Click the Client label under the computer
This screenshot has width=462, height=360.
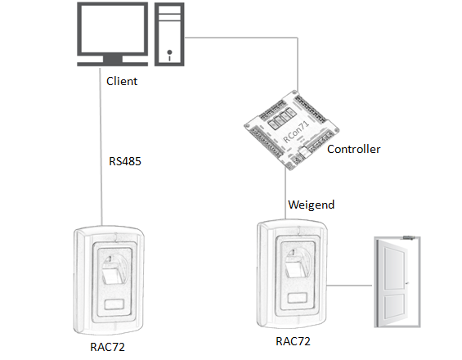[x=122, y=81]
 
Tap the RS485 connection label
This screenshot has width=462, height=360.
[x=125, y=161]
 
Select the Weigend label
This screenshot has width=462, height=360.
[x=312, y=205]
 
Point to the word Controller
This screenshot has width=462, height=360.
[x=353, y=149]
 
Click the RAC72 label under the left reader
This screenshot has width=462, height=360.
[x=107, y=347]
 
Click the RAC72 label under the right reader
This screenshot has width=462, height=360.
[x=293, y=341]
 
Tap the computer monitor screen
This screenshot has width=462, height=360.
[x=112, y=29]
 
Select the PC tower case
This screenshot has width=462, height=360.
[x=169, y=34]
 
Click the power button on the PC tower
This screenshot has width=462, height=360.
[x=169, y=53]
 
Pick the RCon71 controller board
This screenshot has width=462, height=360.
[x=291, y=130]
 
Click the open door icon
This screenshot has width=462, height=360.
[x=397, y=282]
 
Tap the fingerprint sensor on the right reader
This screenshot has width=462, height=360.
[x=298, y=263]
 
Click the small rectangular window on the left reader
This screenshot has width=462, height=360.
[x=114, y=304]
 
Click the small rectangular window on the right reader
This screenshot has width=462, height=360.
[x=298, y=298]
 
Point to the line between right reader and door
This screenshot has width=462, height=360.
[x=349, y=286]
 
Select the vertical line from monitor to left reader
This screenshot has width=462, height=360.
[x=101, y=146]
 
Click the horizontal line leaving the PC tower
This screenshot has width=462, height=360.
[x=241, y=38]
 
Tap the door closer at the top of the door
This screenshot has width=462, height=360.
[x=410, y=237]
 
